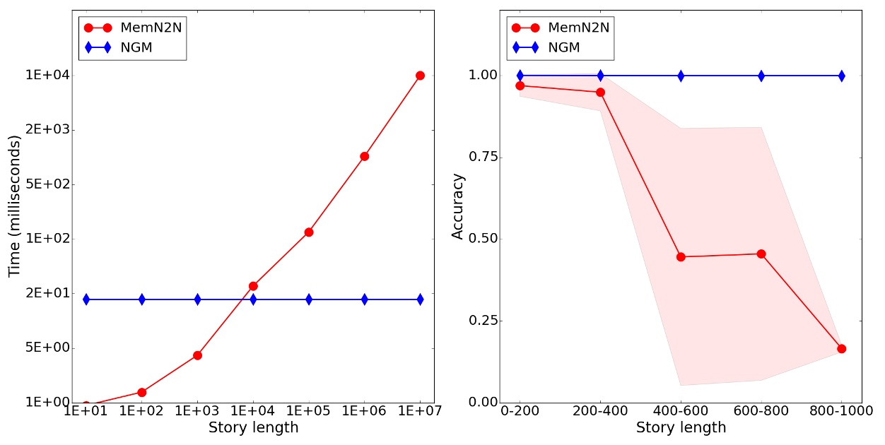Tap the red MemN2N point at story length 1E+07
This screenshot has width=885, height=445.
point(420,76)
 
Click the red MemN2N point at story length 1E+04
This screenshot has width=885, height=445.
point(253,286)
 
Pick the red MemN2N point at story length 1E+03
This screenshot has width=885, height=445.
point(197,355)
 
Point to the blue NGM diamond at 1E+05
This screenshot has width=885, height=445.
point(309,299)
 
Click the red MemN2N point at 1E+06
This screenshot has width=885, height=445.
point(364,156)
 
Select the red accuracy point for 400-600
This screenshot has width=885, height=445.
point(681,257)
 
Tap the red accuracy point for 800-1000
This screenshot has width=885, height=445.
point(841,349)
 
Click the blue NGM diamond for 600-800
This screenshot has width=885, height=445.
point(761,76)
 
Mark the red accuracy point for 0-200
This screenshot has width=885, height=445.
point(520,85)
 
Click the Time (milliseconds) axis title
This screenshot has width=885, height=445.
point(14,206)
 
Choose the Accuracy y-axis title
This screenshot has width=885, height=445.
point(458,206)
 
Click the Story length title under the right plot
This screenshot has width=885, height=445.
point(681,428)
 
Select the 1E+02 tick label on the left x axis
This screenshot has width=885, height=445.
point(141,411)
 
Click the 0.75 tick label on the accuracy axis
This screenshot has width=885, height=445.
point(483,157)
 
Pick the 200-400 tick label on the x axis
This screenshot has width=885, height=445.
point(600,411)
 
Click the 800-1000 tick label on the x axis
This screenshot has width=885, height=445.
point(840,411)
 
